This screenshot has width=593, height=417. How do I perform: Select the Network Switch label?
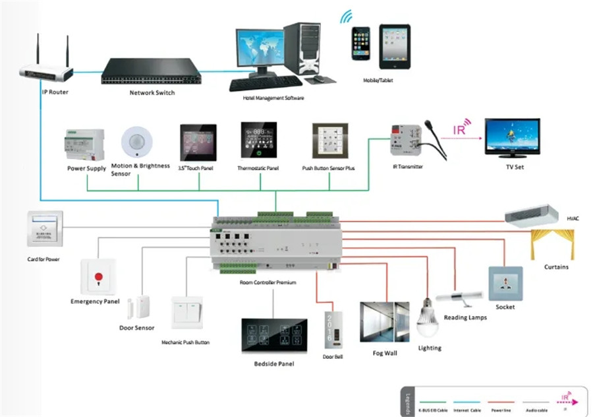[152, 93]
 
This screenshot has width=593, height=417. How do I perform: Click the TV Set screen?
[512, 135]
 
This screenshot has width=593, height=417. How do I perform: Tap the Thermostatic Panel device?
[258, 140]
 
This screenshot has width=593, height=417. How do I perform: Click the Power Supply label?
[86, 169]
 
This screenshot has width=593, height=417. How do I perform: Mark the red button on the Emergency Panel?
[99, 276]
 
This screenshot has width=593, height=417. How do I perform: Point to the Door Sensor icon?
[140, 307]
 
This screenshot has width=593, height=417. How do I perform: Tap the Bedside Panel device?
[274, 337]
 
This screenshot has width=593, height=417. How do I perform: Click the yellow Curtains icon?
[552, 243]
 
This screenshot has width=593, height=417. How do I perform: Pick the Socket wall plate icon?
[505, 284]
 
